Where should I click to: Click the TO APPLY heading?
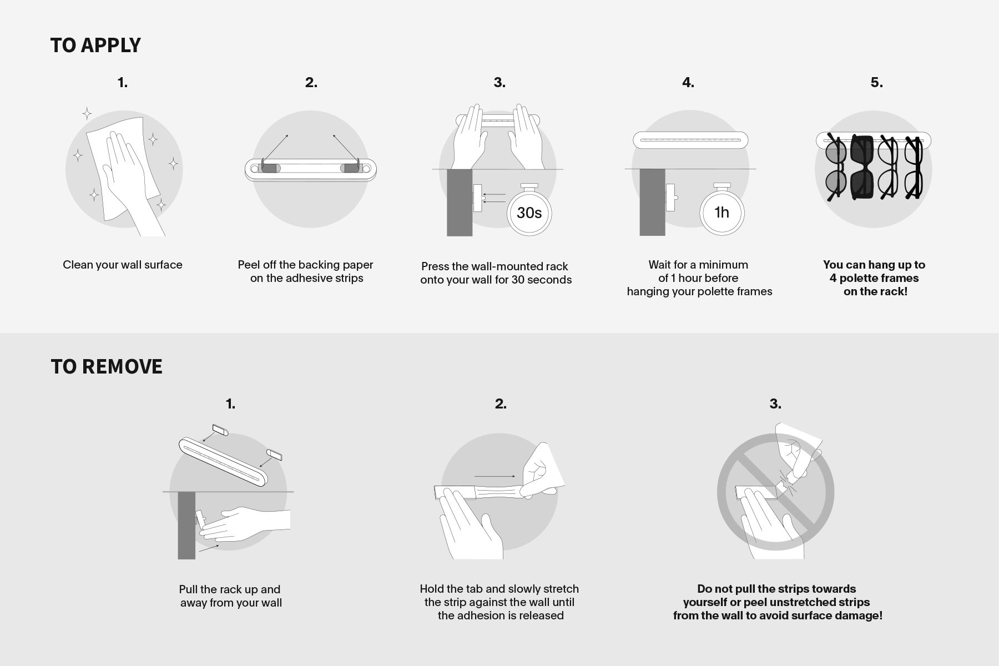point(95,46)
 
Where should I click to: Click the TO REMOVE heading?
point(107,367)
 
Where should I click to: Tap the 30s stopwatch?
point(529,209)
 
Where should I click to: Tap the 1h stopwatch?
point(722,209)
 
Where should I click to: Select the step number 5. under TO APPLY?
point(876,83)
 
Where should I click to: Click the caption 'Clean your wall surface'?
point(123,265)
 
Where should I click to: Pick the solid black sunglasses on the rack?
point(862,167)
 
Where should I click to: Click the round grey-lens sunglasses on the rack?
point(835,167)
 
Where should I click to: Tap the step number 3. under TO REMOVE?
point(775,404)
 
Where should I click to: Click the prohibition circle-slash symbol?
point(775,492)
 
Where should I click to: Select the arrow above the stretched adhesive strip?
point(495,476)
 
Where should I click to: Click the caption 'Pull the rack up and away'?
point(230,596)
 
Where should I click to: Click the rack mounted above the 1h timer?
point(690,140)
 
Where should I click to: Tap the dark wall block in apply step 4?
point(652,202)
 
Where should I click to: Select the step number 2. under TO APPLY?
point(311,83)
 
